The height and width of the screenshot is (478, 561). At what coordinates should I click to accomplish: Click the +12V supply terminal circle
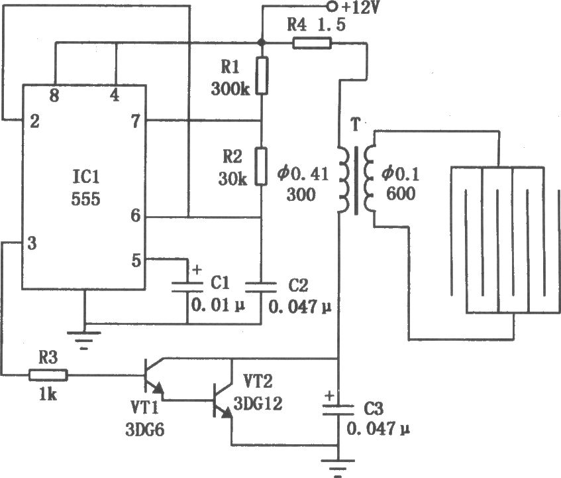(333, 6)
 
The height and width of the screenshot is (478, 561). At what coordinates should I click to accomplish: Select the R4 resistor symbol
(313, 43)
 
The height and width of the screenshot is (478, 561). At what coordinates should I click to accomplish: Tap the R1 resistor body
(262, 76)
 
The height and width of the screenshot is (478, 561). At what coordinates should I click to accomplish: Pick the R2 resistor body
(261, 166)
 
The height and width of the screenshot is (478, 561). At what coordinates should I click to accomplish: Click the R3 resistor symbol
(48, 375)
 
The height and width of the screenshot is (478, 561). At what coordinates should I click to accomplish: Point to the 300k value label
(230, 89)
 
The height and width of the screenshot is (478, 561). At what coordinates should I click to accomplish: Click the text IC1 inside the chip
(86, 177)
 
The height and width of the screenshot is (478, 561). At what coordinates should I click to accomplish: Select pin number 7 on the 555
(136, 122)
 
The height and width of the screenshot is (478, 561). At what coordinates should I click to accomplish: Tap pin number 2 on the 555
(34, 122)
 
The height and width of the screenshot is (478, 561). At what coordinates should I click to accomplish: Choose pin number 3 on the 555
(32, 243)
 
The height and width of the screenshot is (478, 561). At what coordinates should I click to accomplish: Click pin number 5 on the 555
(136, 261)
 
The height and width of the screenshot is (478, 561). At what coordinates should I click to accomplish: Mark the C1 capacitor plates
(187, 287)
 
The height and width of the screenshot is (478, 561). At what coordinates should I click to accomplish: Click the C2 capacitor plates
(261, 287)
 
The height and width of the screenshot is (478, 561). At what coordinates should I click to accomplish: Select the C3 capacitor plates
(338, 410)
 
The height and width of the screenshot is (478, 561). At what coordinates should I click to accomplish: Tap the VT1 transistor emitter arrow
(158, 388)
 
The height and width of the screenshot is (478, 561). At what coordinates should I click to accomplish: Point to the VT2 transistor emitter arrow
(227, 413)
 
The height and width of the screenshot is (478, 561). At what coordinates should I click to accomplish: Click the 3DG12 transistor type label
(258, 404)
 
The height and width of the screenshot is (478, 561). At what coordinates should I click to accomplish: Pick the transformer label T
(355, 125)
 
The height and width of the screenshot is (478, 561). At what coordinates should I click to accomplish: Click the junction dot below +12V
(262, 42)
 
